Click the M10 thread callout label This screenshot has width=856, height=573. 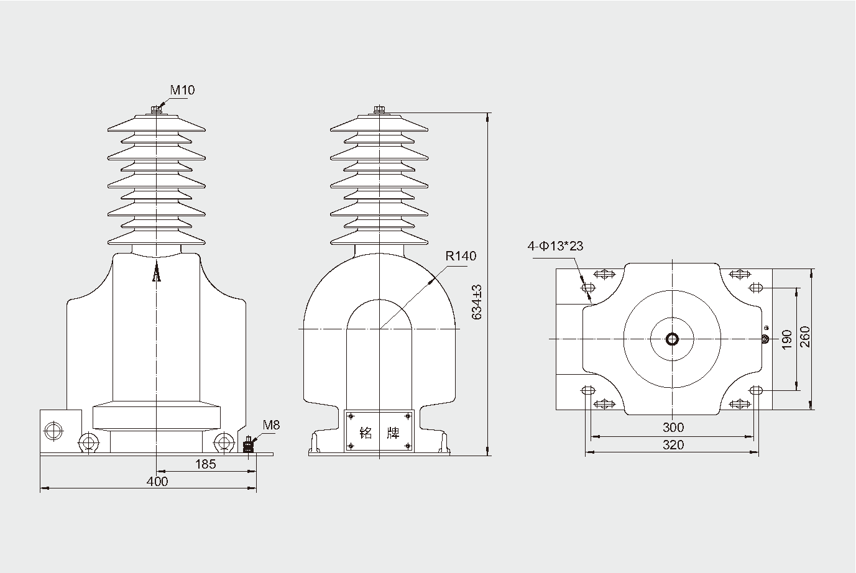pyautogui.click(x=183, y=90)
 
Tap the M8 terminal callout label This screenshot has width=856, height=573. pyautogui.click(x=271, y=426)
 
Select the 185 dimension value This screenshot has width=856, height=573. pyautogui.click(x=205, y=464)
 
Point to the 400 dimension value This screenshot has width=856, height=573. pyautogui.click(x=157, y=481)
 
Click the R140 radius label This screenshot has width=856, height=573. pyautogui.click(x=461, y=256)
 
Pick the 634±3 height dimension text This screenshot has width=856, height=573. pyautogui.click(x=477, y=303)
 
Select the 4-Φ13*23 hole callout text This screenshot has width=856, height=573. pyautogui.click(x=555, y=246)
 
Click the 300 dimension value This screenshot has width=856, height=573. pyautogui.click(x=673, y=427)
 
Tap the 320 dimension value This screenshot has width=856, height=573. pyautogui.click(x=673, y=444)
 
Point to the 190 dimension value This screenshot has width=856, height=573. pyautogui.click(x=786, y=339)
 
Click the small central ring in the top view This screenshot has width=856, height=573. pyautogui.click(x=673, y=339)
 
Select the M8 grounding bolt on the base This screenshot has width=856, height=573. pyautogui.click(x=249, y=445)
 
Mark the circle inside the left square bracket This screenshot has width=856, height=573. pyautogui.click(x=52, y=430)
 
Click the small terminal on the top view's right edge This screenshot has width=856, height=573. pyautogui.click(x=765, y=339)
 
